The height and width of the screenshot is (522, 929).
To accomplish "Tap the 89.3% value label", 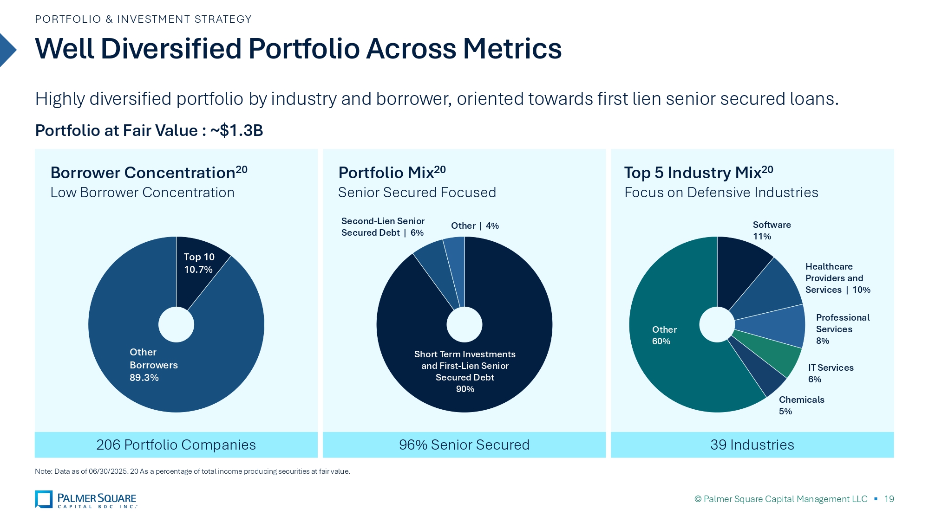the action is click(x=144, y=378).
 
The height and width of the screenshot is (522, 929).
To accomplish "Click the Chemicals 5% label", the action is click(x=802, y=406).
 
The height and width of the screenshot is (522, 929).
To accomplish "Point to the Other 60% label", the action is click(x=664, y=335).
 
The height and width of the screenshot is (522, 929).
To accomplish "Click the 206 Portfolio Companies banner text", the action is click(x=176, y=445).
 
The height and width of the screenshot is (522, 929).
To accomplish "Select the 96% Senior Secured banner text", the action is click(x=464, y=445).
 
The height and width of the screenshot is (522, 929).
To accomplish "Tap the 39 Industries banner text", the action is click(x=752, y=445).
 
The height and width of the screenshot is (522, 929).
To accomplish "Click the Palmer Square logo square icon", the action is click(x=44, y=499).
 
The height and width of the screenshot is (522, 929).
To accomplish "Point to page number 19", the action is click(x=889, y=499).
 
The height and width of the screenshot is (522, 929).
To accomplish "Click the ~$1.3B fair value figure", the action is click(x=236, y=130).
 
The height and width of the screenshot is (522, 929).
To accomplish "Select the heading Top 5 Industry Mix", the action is click(x=699, y=172).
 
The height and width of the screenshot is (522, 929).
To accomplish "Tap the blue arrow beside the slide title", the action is click(x=7, y=50).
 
